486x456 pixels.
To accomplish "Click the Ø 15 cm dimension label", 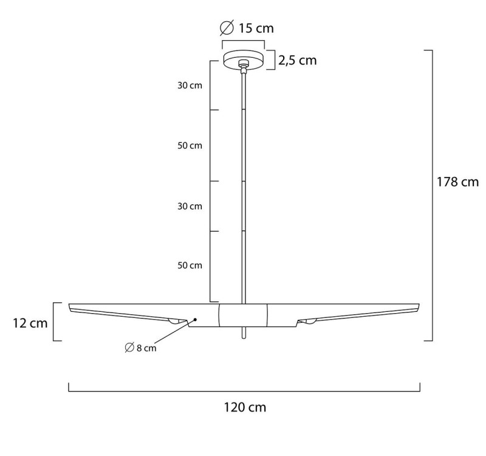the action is click(x=247, y=28).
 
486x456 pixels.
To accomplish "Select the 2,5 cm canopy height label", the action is click(x=297, y=60).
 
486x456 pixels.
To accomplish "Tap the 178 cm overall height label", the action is click(x=457, y=182).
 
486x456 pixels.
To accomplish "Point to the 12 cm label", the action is click(x=30, y=323).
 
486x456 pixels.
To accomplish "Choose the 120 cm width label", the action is click(x=245, y=407).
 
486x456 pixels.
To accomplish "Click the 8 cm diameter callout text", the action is click(x=140, y=348).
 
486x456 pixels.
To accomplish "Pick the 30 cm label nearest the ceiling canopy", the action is click(x=190, y=85).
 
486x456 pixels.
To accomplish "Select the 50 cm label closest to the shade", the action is click(x=190, y=265).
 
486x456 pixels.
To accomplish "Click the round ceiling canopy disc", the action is click(x=244, y=60).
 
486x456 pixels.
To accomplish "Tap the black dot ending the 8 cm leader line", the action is click(x=195, y=319).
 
